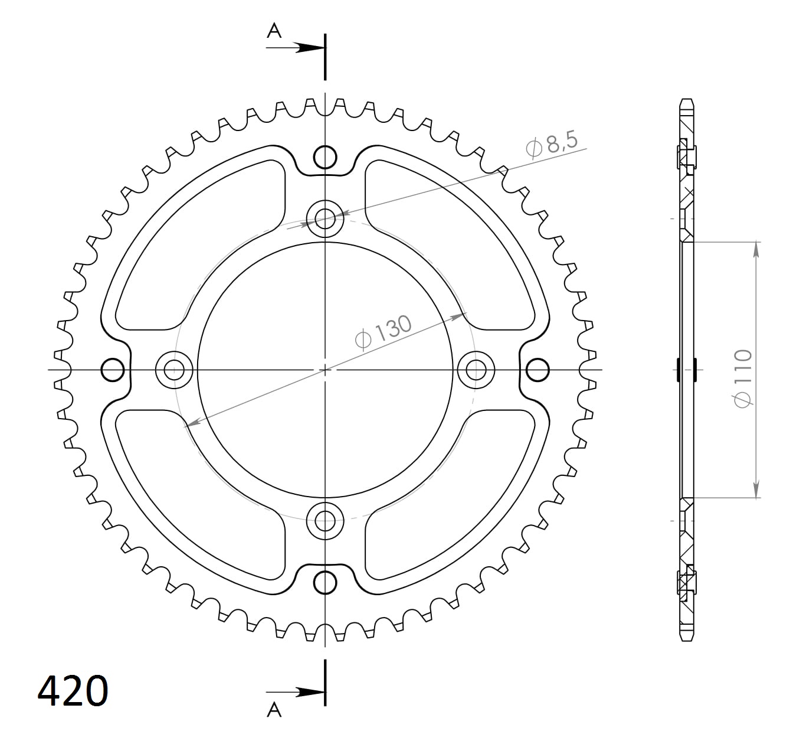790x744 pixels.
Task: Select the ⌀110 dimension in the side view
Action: click(743, 378)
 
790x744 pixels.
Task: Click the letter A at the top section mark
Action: click(274, 31)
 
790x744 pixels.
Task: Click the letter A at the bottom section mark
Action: click(274, 710)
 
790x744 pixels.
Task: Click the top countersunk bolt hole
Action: click(325, 220)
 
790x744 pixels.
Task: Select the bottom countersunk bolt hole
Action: click(325, 520)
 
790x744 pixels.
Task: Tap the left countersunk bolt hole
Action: click(174, 370)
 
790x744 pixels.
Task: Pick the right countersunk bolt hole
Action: click(476, 370)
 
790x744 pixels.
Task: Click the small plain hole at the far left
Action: click(113, 370)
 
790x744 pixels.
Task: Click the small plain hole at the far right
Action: click(537, 370)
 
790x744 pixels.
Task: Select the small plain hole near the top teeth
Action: click(325, 158)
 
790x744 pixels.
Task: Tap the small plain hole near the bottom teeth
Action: click(325, 582)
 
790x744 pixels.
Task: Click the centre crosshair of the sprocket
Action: click(325, 370)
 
